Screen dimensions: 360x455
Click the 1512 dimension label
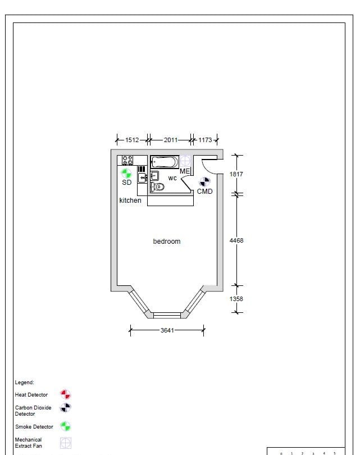[x=132, y=140]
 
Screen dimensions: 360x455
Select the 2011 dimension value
[x=171, y=140]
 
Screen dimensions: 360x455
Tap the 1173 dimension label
[x=205, y=140]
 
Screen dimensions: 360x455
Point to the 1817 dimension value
[x=236, y=174]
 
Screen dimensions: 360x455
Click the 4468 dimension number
[x=236, y=240]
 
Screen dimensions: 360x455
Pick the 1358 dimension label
[x=236, y=299]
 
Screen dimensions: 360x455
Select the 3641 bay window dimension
[x=167, y=330]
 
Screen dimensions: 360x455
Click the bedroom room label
[x=167, y=242]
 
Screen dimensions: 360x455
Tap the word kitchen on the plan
[x=130, y=200]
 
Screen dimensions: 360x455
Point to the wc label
[x=172, y=178]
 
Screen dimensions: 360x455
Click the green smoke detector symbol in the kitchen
[x=126, y=174]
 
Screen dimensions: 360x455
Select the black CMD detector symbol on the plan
[x=204, y=182]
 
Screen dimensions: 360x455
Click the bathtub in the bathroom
[x=165, y=162]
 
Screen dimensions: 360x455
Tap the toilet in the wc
[x=157, y=187]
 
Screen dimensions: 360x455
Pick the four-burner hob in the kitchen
[x=127, y=160]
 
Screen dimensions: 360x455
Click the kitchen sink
[x=142, y=178]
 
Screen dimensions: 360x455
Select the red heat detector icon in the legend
[x=65, y=394]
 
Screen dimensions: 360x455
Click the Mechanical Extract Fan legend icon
[x=66, y=443]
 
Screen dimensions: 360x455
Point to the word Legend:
[x=24, y=383]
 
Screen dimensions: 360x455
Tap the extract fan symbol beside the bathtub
[x=185, y=161]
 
